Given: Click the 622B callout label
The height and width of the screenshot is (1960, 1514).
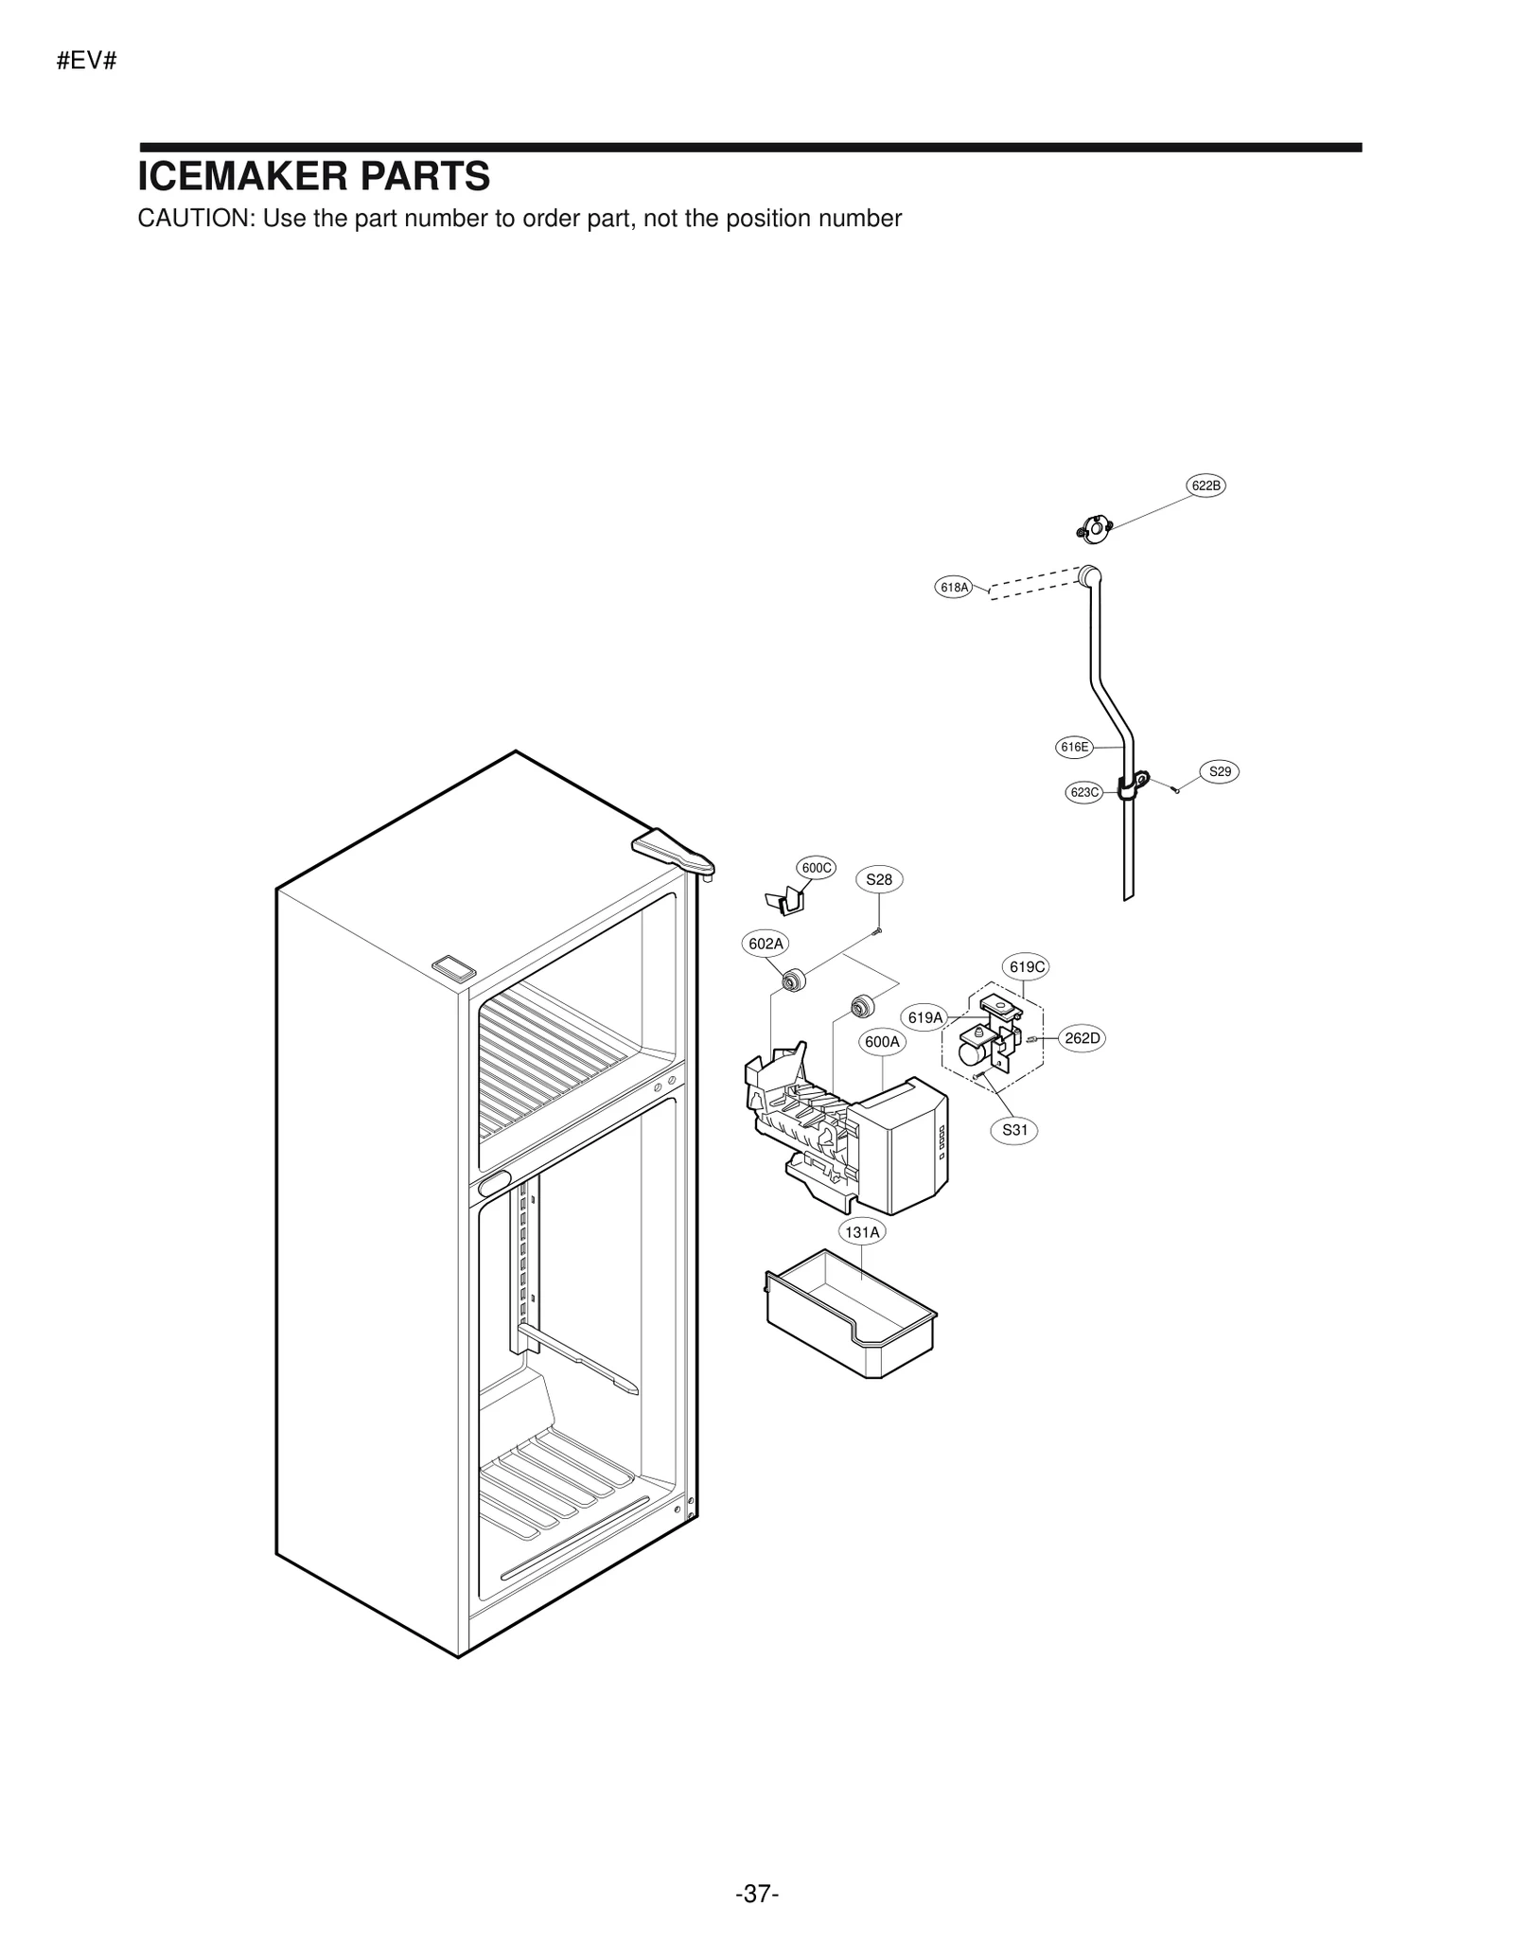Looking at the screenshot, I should (x=1206, y=486).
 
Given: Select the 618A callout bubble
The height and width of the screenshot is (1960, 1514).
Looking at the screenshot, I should (x=954, y=587).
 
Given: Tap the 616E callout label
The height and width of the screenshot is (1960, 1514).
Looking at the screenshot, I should (x=1074, y=747).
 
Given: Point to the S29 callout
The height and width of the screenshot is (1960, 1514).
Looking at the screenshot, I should (x=1220, y=771).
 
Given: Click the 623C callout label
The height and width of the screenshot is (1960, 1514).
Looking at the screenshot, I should (x=1083, y=792).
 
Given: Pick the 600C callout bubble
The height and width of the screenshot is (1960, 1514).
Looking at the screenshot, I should (x=816, y=867).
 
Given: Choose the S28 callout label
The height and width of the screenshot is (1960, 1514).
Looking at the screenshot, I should (x=879, y=879).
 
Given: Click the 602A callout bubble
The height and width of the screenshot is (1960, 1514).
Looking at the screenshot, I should (x=766, y=944).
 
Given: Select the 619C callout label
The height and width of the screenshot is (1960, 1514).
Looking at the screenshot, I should (x=1027, y=966).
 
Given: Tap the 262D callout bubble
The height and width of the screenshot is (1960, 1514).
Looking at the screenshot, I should (x=1082, y=1038).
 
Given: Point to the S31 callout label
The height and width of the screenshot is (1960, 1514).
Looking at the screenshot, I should (x=1014, y=1129).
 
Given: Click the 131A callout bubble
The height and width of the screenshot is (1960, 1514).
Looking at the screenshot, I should (x=862, y=1231).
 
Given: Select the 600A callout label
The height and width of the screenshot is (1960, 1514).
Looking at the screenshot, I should (x=882, y=1042).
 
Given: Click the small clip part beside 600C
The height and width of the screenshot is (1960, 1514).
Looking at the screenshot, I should (x=785, y=901).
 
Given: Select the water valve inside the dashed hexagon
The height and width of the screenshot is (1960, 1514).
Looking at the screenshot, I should (x=989, y=1036).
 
